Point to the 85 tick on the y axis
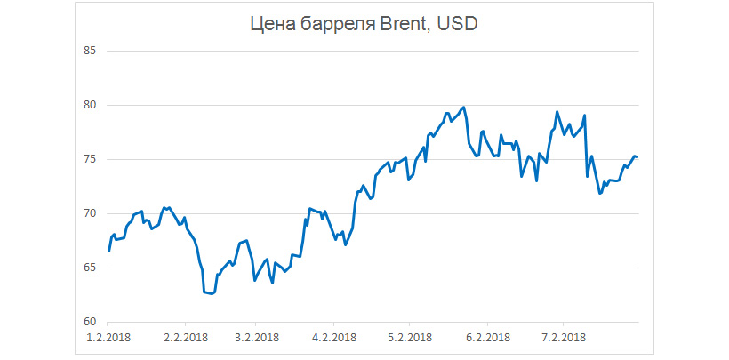point(89,51)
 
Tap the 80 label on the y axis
point(89,105)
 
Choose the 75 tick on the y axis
point(89,159)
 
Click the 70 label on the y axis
point(89,213)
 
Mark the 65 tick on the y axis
point(89,268)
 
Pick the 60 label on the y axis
point(89,322)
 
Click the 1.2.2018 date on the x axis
point(108,338)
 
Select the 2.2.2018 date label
point(185,338)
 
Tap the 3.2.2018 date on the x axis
point(255,338)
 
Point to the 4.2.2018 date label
point(333,338)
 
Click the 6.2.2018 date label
point(486,338)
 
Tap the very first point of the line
point(108,252)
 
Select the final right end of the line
point(637,157)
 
